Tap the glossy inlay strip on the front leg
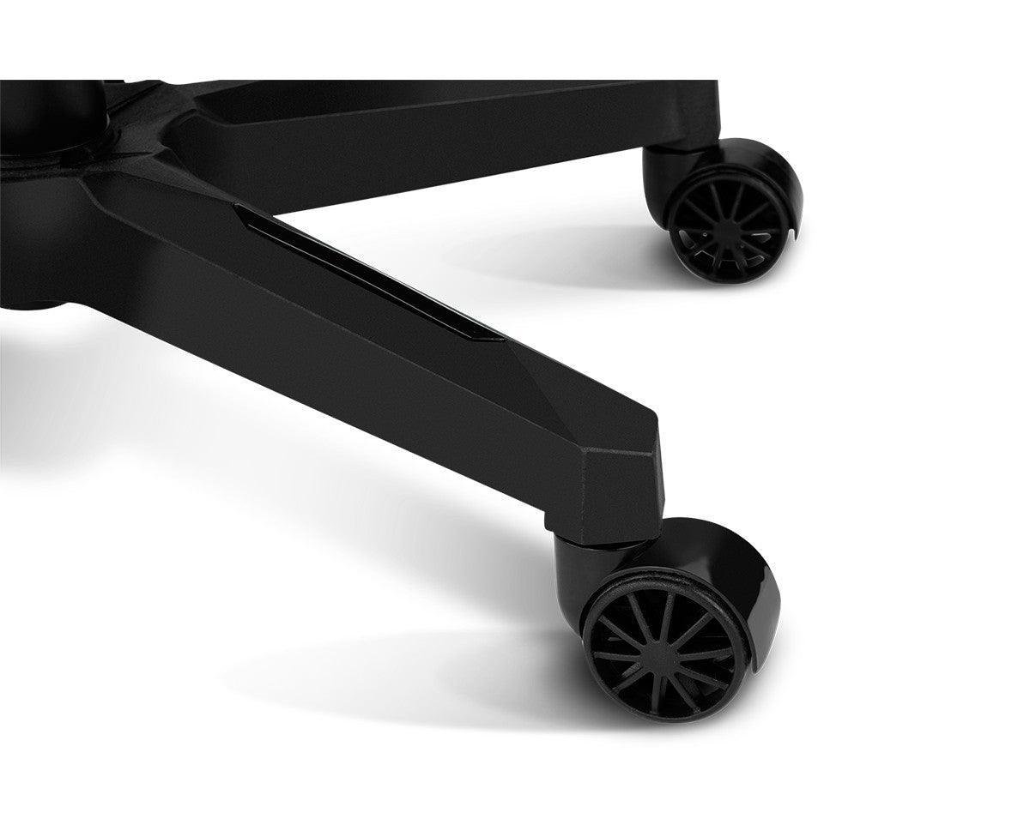[360, 274]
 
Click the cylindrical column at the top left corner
[51, 111]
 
